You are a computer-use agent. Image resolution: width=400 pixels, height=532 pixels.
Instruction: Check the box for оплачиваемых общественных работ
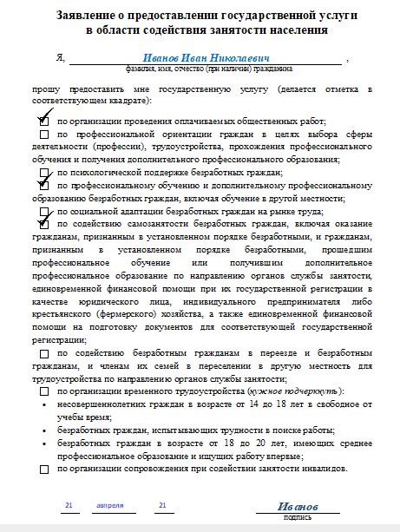(x=44, y=122)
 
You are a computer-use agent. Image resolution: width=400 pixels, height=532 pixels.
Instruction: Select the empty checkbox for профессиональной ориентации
(x=44, y=135)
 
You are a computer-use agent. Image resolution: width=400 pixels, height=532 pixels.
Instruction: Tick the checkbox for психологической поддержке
(x=44, y=173)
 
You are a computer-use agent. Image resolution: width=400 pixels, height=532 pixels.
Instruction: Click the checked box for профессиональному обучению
(x=44, y=185)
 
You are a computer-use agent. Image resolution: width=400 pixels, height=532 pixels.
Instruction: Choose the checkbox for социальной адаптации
(x=44, y=211)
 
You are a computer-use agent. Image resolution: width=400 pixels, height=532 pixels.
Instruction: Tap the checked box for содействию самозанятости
(x=44, y=223)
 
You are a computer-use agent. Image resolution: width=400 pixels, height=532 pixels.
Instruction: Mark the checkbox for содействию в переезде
(x=44, y=353)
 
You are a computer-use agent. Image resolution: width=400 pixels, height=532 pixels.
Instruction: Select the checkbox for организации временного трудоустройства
(x=44, y=391)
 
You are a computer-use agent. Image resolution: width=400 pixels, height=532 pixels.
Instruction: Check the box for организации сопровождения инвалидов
(x=44, y=469)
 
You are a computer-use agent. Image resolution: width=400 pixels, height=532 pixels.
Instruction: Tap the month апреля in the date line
(x=110, y=504)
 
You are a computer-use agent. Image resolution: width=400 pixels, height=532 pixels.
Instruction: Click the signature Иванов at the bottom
(x=298, y=506)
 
